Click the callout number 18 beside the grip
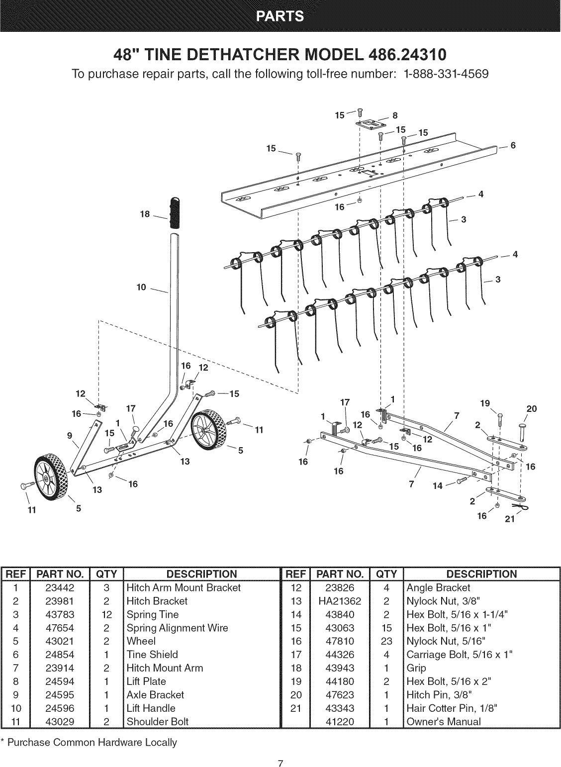(146, 214)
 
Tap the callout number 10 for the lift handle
(142, 287)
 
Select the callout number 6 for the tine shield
(513, 146)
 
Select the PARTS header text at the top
(280, 16)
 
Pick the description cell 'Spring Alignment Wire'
(177, 628)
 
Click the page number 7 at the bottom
(280, 750)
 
